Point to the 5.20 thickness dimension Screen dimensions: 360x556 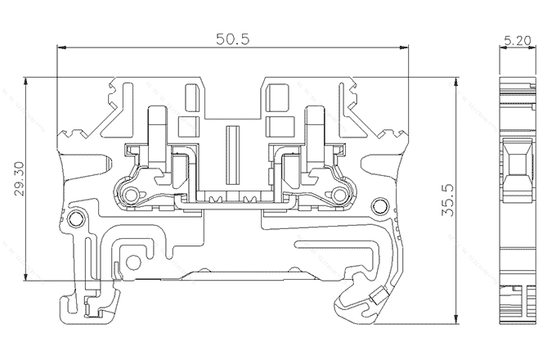pyautogui.click(x=518, y=38)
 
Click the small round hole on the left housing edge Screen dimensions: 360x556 pyautogui.click(x=76, y=218)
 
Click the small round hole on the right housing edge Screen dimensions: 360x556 pyautogui.click(x=377, y=205)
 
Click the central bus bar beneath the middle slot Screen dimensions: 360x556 pyautogui.click(x=232, y=198)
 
